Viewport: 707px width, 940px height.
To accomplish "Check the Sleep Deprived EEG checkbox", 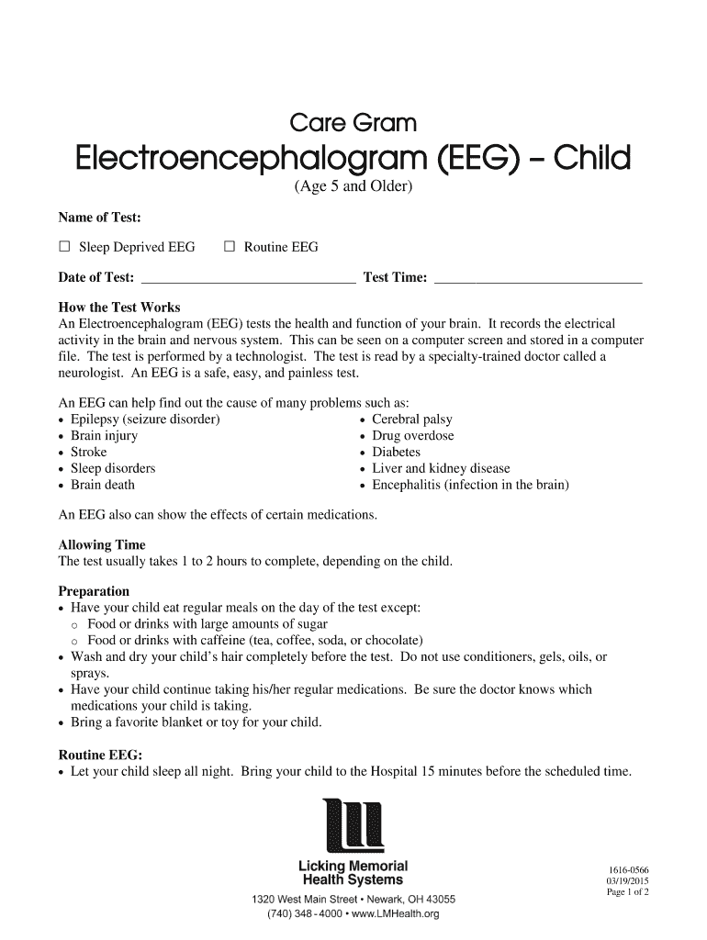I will point(64,247).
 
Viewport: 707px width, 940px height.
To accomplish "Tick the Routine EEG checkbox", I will point(230,247).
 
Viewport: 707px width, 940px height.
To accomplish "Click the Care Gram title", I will point(353,123).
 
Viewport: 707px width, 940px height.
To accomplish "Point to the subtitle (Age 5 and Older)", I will point(353,188).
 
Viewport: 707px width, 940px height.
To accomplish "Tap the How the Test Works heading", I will point(119,308).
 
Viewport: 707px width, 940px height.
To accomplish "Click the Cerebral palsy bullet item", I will point(411,420).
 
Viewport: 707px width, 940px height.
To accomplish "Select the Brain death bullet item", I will point(102,485).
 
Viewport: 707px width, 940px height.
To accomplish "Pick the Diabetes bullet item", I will point(396,453).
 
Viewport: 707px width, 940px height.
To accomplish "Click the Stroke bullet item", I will point(88,453).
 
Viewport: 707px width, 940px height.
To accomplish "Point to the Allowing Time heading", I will point(102,544).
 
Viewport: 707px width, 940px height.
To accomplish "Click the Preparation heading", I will point(95,591).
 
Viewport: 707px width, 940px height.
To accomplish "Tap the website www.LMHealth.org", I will point(391,914).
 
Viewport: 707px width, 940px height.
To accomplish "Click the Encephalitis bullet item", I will point(470,485).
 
